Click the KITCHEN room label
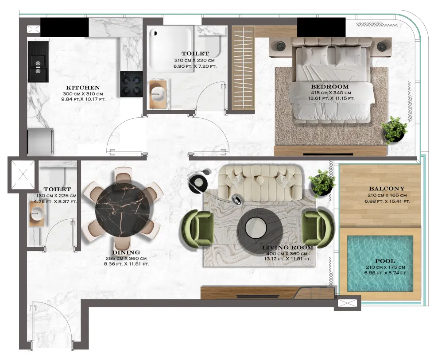(83, 88)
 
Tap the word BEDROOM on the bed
(330, 87)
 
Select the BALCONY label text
(387, 189)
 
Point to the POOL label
(385, 261)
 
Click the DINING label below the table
(126, 252)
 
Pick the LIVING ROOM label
(287, 247)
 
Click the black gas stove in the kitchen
(132, 84)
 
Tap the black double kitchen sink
(38, 62)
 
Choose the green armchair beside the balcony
(318, 229)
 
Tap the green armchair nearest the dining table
(198, 229)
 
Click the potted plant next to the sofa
(322, 183)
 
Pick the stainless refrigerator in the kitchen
(40, 141)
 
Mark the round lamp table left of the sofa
(198, 183)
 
